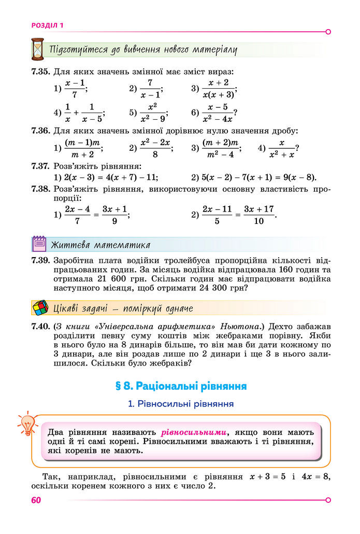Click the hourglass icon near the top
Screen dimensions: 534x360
37,49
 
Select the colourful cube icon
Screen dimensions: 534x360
39,308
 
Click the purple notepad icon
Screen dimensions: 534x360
39,244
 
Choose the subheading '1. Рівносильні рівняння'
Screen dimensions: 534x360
180,403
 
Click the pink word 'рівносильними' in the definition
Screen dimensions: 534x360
194,432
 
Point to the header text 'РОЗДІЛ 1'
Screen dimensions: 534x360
47,25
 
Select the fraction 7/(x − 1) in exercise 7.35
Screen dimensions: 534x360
150,89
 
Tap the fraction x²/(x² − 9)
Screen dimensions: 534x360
152,113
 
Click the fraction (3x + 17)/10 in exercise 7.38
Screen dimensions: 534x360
258,215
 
